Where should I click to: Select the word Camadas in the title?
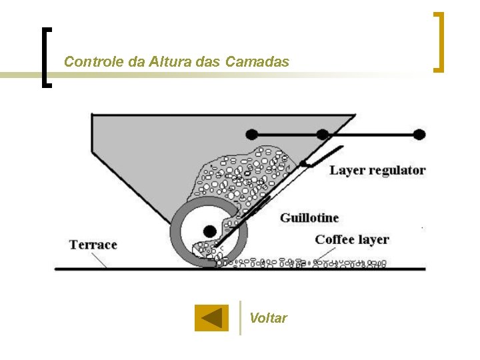257,62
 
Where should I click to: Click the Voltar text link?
268,318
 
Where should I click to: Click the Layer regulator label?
377,170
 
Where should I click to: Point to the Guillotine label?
309,218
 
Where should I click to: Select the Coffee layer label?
352,239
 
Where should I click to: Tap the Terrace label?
93,245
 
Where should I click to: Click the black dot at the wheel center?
209,231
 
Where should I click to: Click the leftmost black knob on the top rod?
252,134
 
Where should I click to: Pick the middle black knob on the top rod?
323,134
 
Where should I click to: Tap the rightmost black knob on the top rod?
419,134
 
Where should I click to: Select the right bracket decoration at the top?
439,41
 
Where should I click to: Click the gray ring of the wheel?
177,233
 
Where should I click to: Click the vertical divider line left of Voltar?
240,317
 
